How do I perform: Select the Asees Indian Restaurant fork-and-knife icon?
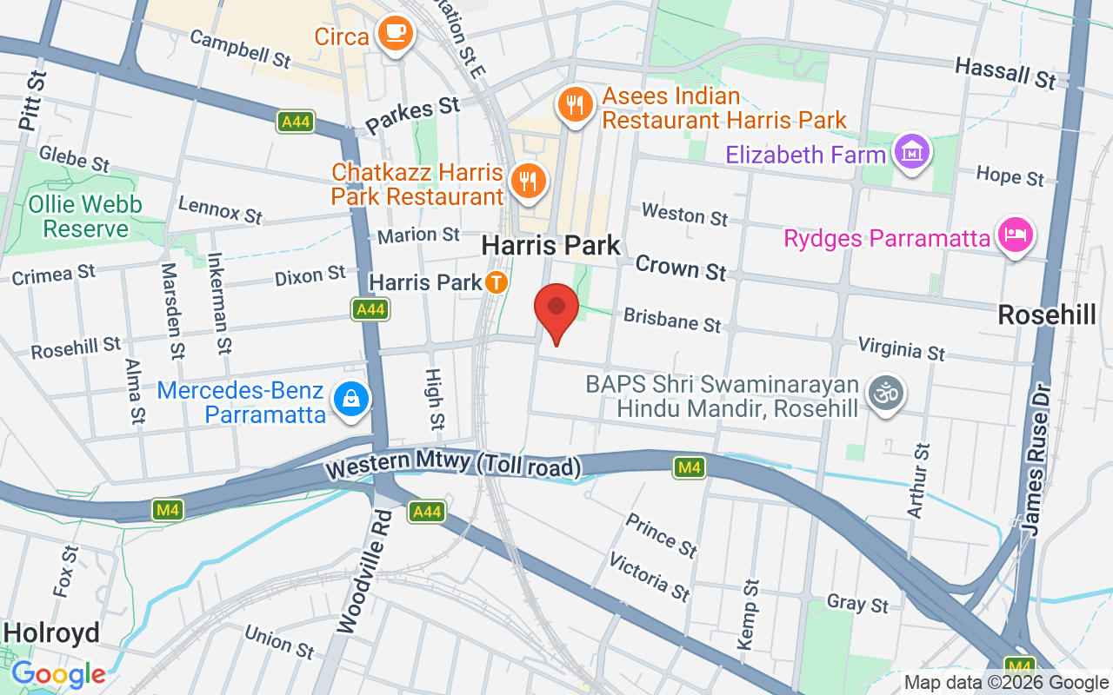[574, 104]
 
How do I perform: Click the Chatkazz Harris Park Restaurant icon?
[527, 181]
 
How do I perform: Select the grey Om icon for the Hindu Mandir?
[885, 395]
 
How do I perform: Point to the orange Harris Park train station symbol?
[497, 282]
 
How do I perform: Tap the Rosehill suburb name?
[1047, 314]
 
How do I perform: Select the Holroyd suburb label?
[51, 632]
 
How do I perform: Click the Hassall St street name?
[1005, 73]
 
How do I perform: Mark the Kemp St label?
[748, 614]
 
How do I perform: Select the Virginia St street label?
[901, 348]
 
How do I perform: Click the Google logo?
[58, 674]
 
